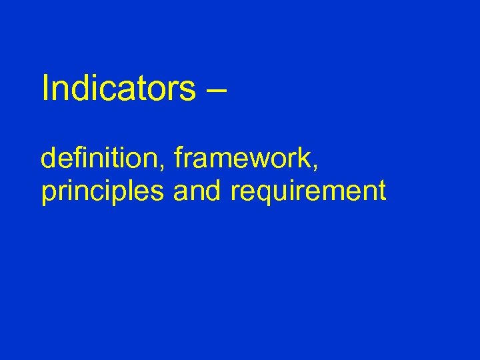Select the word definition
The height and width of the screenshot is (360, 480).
point(102,160)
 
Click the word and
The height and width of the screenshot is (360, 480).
point(199,191)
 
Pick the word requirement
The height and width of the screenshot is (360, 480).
point(308,192)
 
